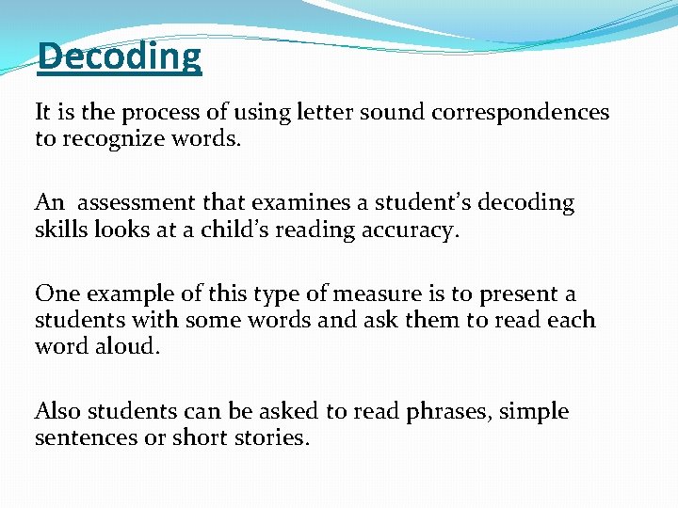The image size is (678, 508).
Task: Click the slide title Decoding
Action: pos(119,56)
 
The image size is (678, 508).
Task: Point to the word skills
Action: pos(61,230)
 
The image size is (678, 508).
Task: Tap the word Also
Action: pos(57,410)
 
